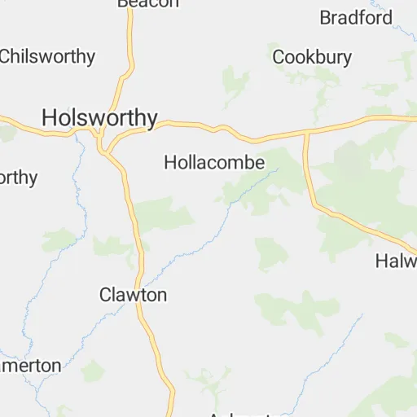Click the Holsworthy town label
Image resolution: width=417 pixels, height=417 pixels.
[x=99, y=118]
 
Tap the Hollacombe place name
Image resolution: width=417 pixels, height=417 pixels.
[x=214, y=163]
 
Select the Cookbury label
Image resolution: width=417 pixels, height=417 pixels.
[x=312, y=57]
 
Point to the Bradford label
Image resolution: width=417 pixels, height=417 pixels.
[x=356, y=17]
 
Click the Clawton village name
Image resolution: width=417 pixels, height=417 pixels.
[x=133, y=295]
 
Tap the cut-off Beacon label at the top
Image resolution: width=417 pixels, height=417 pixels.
[x=147, y=3]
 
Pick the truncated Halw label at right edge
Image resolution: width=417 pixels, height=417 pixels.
[x=397, y=261]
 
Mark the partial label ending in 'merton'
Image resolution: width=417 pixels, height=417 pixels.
[x=31, y=366]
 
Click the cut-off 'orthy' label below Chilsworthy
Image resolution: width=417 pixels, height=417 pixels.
[x=19, y=178]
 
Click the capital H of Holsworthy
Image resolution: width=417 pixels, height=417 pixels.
[x=50, y=118]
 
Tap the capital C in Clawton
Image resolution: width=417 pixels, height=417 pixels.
[x=105, y=295]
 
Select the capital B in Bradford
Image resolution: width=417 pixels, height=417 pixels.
[x=326, y=17]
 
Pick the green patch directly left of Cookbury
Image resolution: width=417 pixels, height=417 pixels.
[x=235, y=81]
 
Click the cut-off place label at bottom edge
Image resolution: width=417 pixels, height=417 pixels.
[x=236, y=414]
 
